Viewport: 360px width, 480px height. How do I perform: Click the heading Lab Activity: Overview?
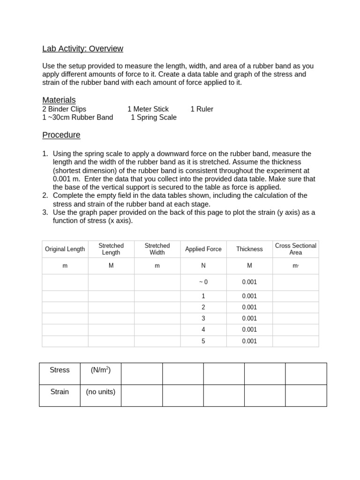click(82, 49)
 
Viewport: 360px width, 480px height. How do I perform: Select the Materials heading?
click(59, 100)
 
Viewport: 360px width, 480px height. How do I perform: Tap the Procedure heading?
click(61, 135)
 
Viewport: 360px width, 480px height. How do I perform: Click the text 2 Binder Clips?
click(64, 109)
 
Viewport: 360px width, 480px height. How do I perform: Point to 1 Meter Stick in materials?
click(148, 109)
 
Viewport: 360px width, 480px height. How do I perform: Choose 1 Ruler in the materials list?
click(202, 109)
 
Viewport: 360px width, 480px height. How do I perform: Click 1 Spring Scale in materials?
click(153, 117)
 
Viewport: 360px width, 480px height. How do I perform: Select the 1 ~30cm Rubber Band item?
click(77, 117)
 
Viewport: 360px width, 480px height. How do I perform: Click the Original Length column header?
click(65, 249)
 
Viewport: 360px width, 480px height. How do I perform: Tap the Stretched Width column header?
click(157, 249)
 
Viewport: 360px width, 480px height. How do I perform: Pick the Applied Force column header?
click(203, 249)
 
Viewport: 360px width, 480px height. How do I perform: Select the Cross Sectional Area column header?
click(295, 249)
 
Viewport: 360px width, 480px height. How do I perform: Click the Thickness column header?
click(249, 249)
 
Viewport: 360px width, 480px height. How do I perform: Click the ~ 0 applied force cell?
click(203, 282)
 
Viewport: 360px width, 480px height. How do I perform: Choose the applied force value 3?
click(203, 318)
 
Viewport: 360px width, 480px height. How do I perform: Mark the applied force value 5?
click(203, 341)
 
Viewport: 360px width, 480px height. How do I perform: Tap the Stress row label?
click(60, 370)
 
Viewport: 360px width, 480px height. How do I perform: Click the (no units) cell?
click(100, 391)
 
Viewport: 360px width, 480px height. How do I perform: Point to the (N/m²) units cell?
click(100, 370)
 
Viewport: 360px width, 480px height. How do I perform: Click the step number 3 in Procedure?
click(45, 212)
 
